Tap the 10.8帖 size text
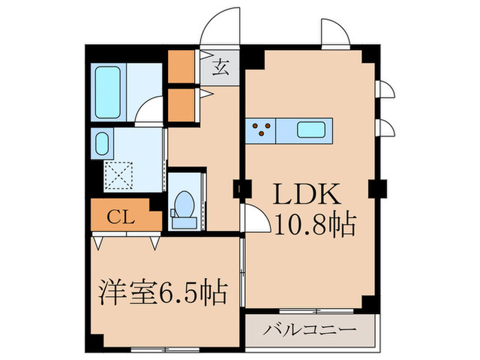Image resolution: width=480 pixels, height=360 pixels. point(313,224)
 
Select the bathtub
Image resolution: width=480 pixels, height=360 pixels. point(108,91)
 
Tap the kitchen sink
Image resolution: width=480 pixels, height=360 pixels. point(313,128)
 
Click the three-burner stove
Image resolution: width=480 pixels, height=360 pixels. point(260,129)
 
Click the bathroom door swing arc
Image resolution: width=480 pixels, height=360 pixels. point(149,110)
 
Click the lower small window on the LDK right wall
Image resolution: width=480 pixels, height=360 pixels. point(385,128)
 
